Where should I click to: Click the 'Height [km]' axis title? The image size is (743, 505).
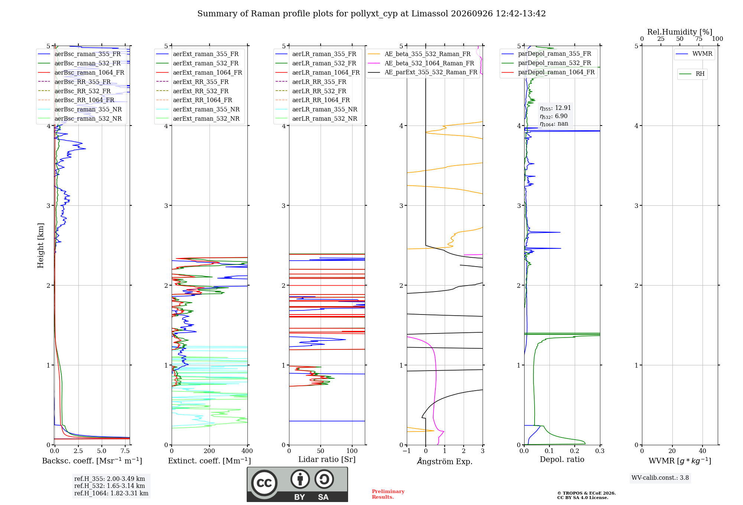pyautogui.click(x=40, y=245)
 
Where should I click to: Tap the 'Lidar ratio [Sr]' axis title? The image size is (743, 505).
pyautogui.click(x=327, y=459)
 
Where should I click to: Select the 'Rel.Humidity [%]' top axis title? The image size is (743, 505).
pyautogui.click(x=680, y=32)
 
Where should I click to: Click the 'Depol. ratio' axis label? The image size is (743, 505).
pyautogui.click(x=562, y=459)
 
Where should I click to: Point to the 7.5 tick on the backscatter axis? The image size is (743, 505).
pyautogui.click(x=125, y=451)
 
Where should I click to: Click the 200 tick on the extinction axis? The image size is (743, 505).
pyautogui.click(x=210, y=451)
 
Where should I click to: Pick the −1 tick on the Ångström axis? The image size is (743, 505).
pyautogui.click(x=406, y=451)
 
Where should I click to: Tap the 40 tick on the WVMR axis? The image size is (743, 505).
pyautogui.click(x=703, y=451)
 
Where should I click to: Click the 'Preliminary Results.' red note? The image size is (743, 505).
pyautogui.click(x=388, y=494)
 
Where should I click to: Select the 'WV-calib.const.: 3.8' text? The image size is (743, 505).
pyautogui.click(x=660, y=478)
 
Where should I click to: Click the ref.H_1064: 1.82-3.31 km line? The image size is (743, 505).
pyautogui.click(x=111, y=493)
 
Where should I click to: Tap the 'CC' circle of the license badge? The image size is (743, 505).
pyautogui.click(x=264, y=483)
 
